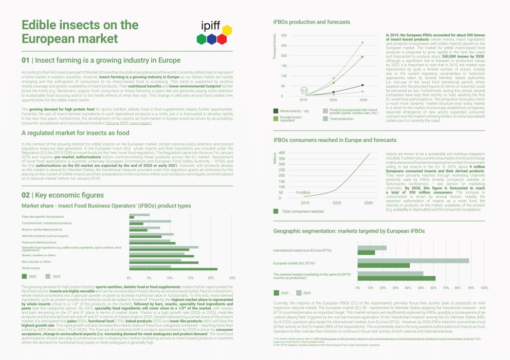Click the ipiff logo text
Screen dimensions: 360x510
[x=212, y=26]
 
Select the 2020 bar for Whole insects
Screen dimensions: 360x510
[x=173, y=269]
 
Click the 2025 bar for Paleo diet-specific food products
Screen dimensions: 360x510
[x=139, y=215]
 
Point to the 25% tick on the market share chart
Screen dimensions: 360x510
[x=232, y=278]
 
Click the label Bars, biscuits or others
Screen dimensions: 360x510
[x=37, y=261]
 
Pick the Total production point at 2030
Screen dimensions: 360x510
[x=362, y=42]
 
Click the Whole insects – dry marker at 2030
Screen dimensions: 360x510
[x=362, y=85]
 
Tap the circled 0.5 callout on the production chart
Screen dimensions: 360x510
[x=304, y=90]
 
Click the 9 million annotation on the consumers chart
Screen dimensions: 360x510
[x=303, y=192]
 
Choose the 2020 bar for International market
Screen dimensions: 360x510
[x=366, y=253]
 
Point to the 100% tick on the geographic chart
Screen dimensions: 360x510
[x=484, y=288]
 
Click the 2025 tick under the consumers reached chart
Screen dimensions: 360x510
[x=336, y=203]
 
